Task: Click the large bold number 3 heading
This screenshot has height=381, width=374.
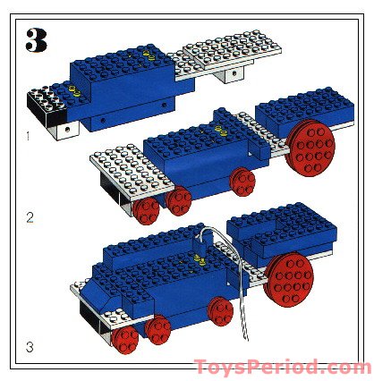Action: [x=37, y=40]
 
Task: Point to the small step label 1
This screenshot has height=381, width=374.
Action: [x=28, y=137]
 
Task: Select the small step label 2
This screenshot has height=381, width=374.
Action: [x=29, y=217]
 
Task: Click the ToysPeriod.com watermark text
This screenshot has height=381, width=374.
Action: [x=281, y=368]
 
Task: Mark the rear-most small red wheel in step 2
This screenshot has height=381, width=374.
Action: [x=242, y=182]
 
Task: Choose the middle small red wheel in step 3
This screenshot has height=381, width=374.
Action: [x=159, y=331]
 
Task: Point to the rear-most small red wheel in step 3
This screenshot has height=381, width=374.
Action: [x=220, y=311]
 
